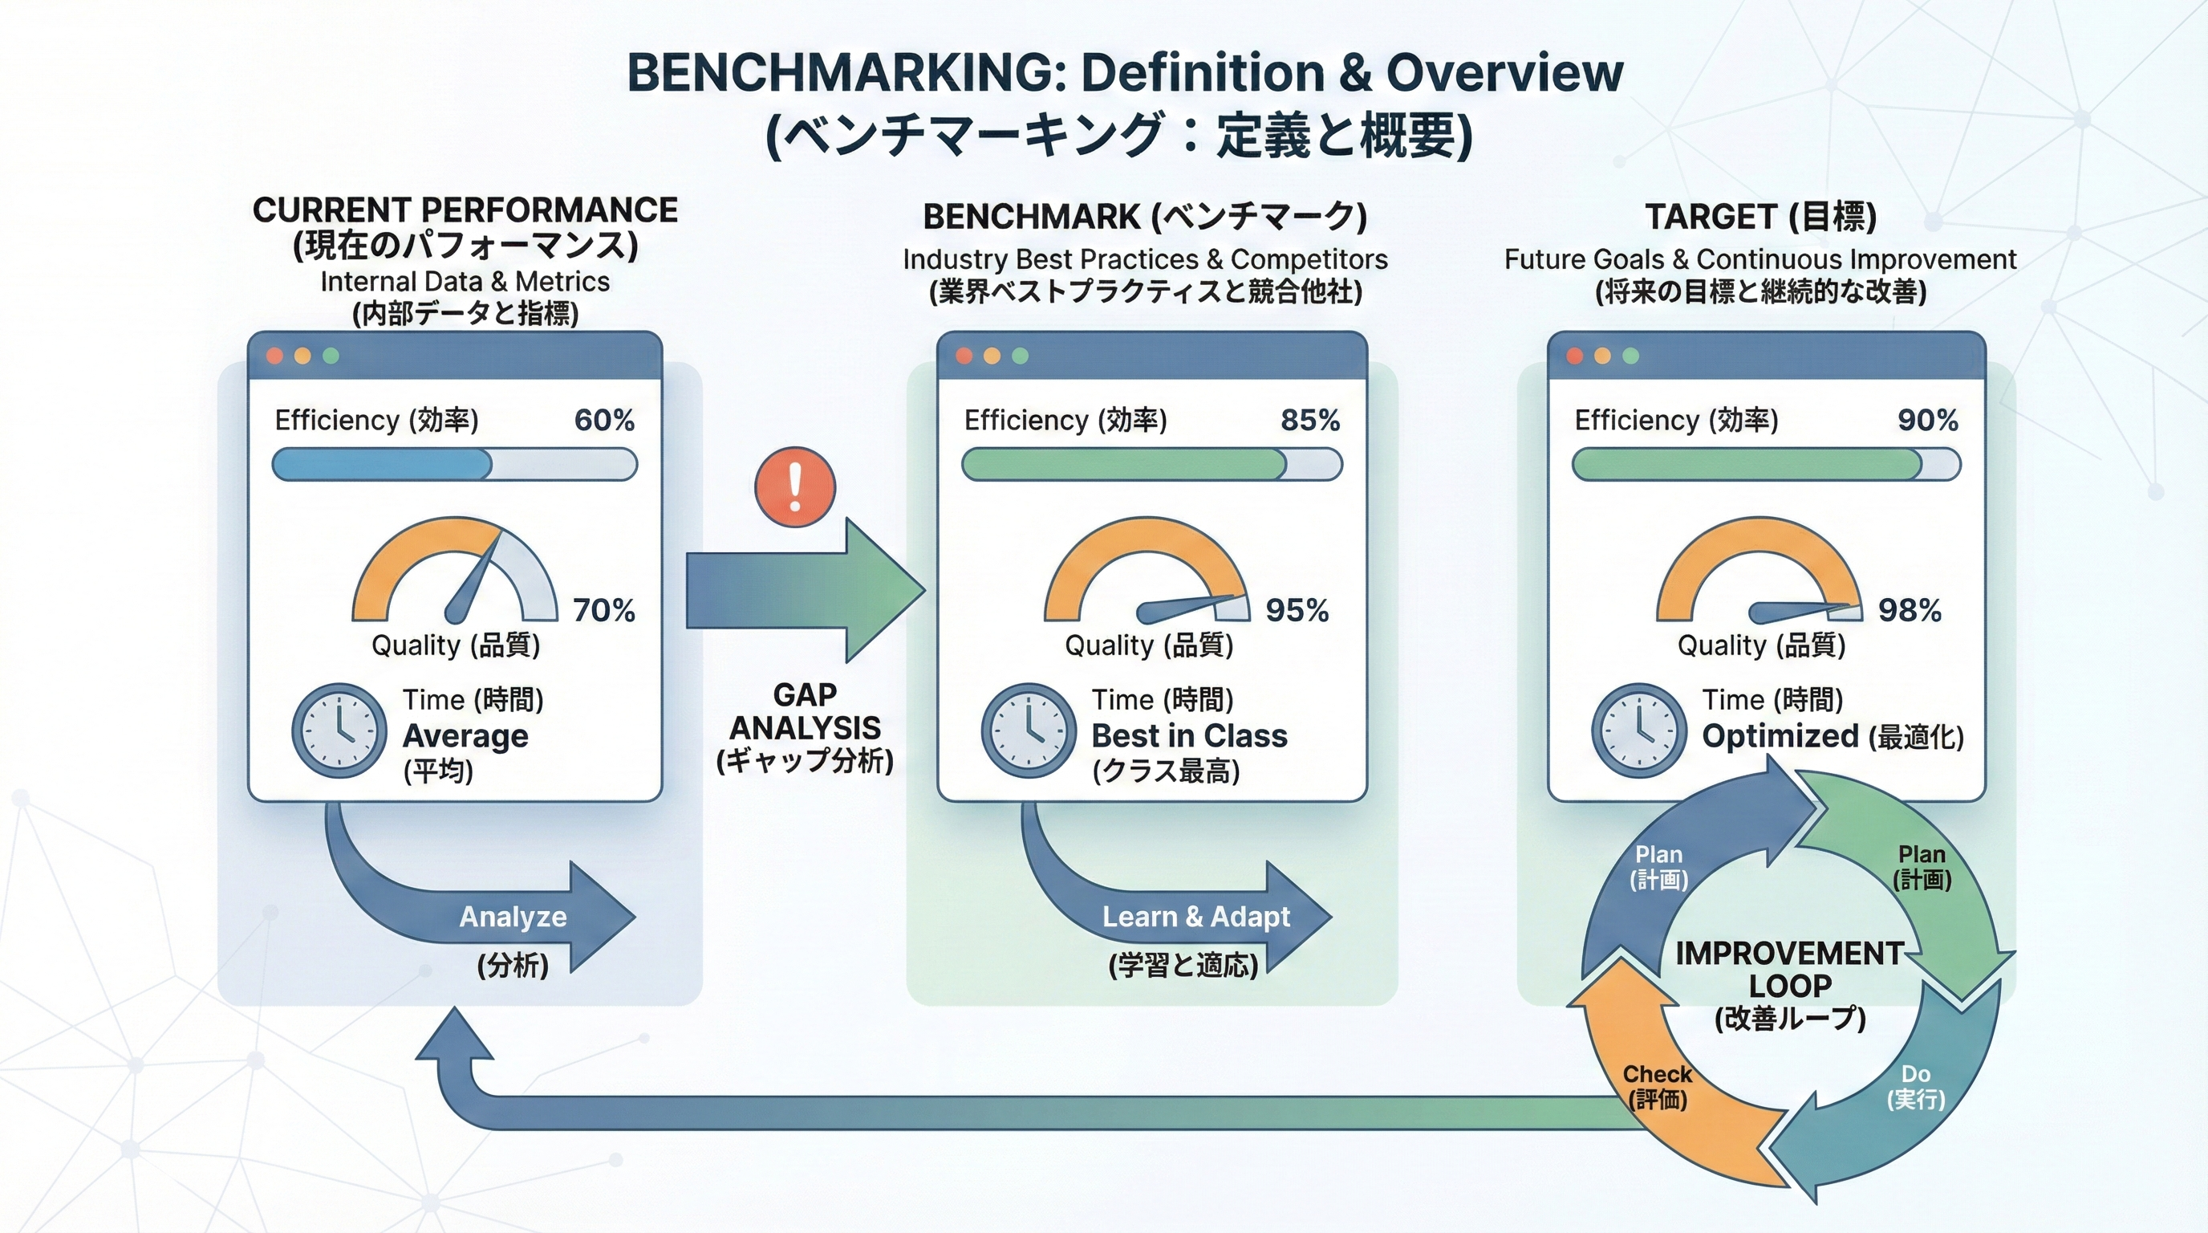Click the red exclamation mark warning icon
[794, 487]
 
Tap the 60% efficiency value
[604, 420]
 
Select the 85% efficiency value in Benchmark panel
[1309, 420]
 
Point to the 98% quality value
[1909, 611]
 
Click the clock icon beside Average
[339, 730]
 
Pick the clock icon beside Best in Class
[1028, 730]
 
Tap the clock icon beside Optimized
[1639, 730]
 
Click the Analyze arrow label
[513, 917]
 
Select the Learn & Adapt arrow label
[1195, 917]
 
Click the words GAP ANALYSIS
[804, 712]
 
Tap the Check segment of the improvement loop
[1657, 1085]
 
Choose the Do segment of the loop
[1915, 1085]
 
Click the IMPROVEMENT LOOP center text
[1790, 969]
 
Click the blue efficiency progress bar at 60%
[382, 465]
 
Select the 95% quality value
[1296, 611]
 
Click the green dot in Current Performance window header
[330, 356]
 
